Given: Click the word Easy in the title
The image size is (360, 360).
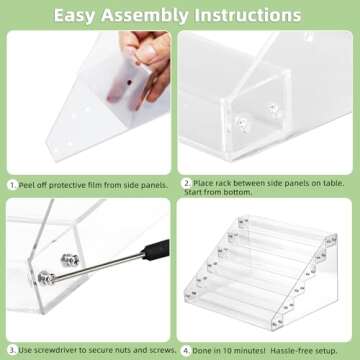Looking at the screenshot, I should click(81, 15).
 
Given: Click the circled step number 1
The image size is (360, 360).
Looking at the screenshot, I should click(13, 184).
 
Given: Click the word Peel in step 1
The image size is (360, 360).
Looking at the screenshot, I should click(32, 184).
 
